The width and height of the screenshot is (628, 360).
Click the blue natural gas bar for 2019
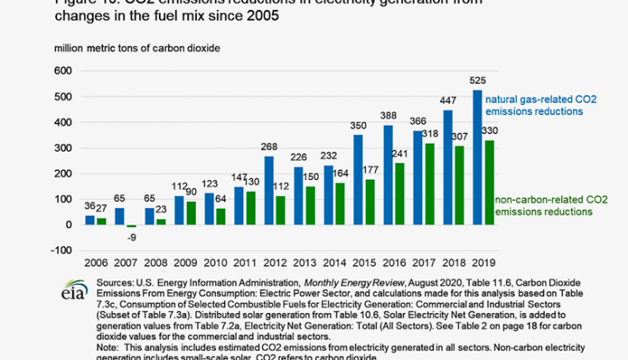click(477, 157)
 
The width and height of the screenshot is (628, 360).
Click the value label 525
click(478, 82)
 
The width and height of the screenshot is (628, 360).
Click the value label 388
click(389, 117)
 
